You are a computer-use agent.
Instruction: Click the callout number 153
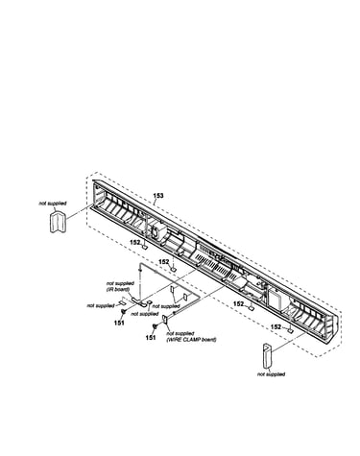(158, 196)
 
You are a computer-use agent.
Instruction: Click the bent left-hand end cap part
(58, 220)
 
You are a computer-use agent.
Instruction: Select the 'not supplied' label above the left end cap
(53, 204)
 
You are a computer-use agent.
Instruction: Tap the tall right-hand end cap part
(267, 356)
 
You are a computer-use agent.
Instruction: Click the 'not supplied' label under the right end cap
(271, 374)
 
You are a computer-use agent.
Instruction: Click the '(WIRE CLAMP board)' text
(191, 340)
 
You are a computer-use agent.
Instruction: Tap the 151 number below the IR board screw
(119, 323)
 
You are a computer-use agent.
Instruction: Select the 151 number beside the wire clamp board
(151, 337)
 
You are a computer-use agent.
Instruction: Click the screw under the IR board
(123, 312)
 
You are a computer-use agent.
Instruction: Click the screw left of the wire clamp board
(155, 326)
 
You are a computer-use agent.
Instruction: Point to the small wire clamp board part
(165, 319)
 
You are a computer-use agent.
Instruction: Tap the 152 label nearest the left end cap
(135, 242)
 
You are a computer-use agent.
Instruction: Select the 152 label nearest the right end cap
(276, 327)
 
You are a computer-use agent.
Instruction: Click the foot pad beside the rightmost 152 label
(290, 329)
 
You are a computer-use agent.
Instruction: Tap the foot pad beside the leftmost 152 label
(145, 247)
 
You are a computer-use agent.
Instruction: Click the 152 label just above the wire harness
(164, 262)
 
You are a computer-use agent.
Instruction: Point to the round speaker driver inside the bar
(156, 232)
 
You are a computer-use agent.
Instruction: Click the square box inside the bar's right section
(276, 298)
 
